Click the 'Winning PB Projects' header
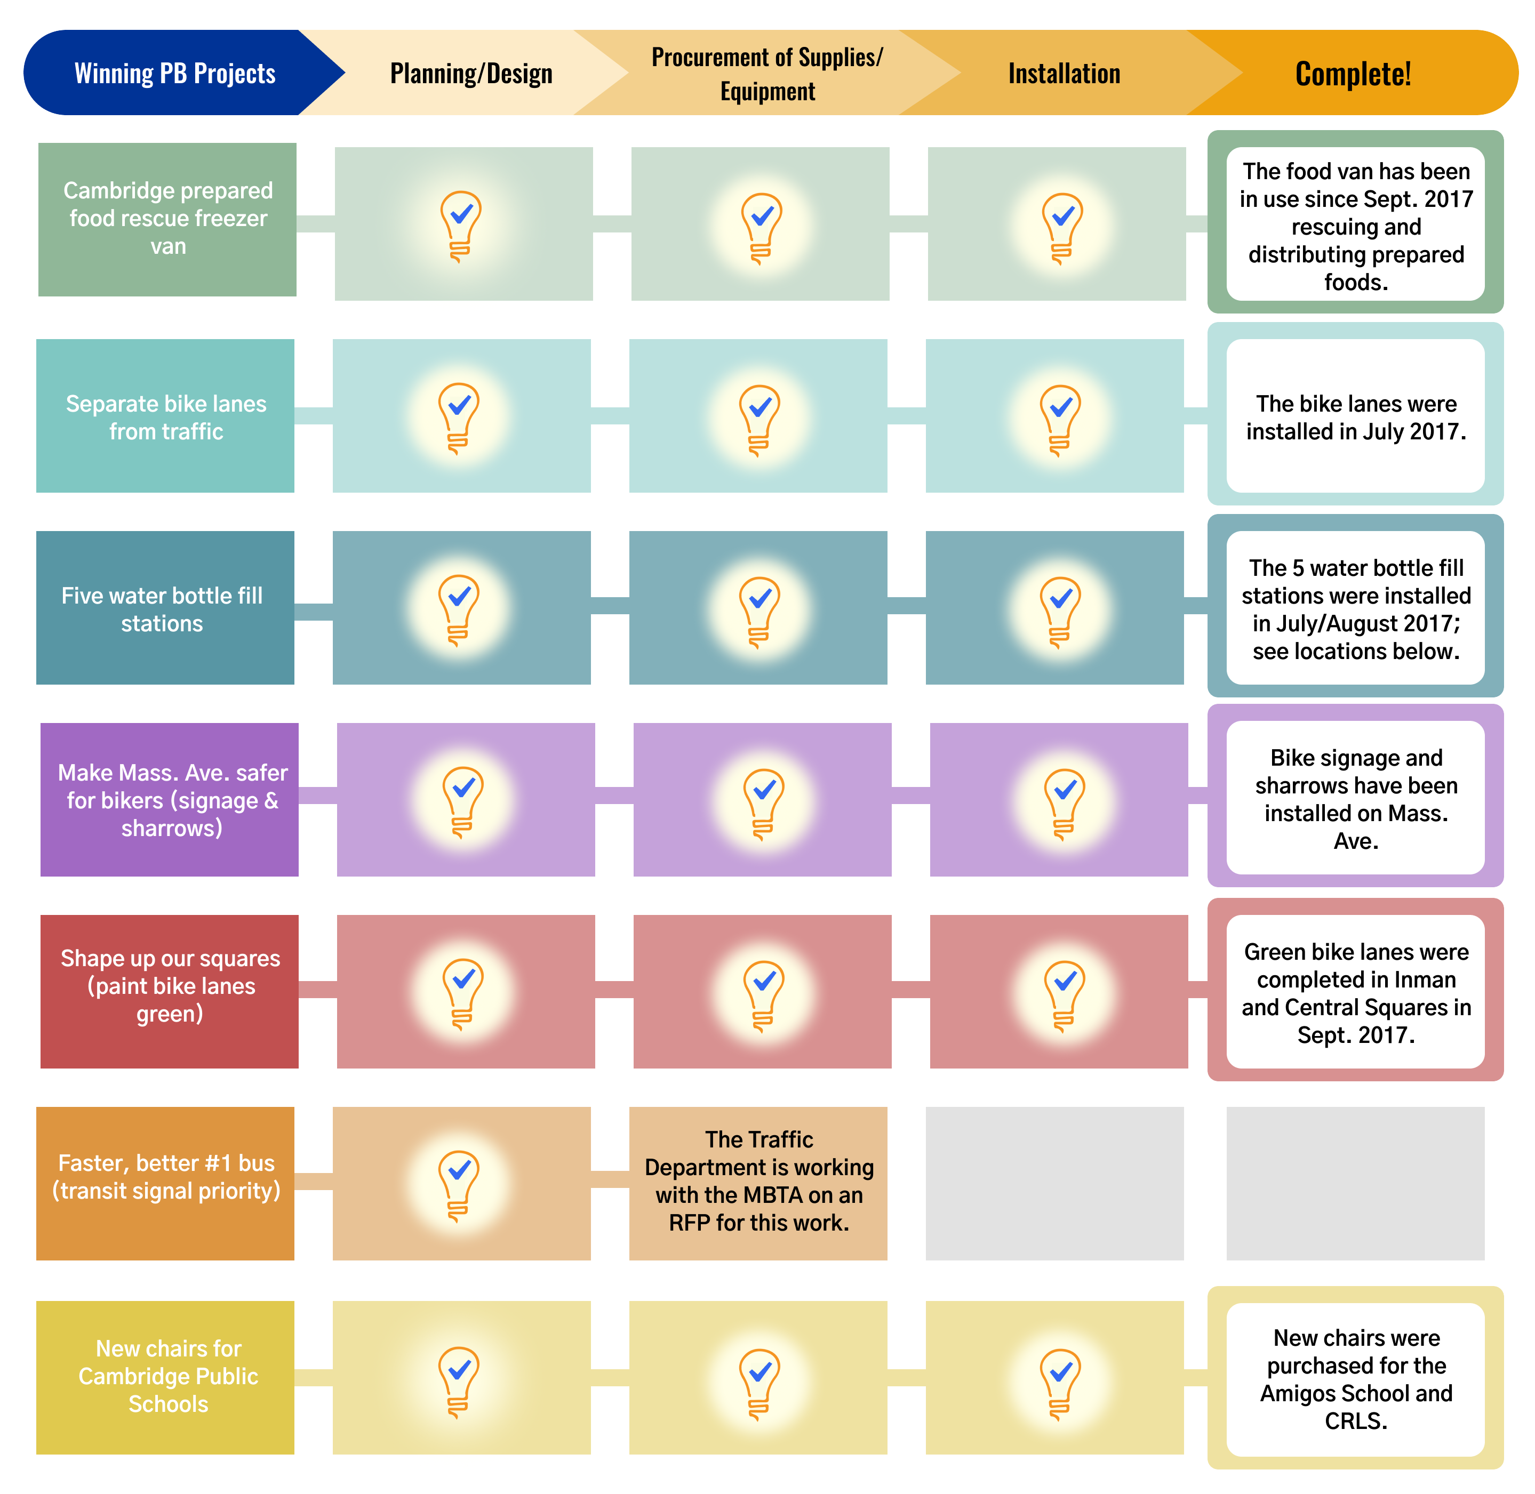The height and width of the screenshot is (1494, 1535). click(x=174, y=73)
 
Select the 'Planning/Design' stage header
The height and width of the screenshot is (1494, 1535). click(x=471, y=73)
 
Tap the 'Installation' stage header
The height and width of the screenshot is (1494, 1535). click(x=1064, y=73)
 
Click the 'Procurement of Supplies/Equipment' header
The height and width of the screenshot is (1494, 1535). click(x=767, y=74)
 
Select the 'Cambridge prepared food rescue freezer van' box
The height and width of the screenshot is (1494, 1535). click(x=167, y=219)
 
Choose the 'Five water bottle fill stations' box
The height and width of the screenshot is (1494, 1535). click(x=165, y=608)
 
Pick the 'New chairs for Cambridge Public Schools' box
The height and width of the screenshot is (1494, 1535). click(x=165, y=1377)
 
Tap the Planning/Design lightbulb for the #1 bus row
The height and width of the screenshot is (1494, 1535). click(x=459, y=1183)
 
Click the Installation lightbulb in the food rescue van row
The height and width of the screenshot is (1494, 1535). click(x=1062, y=226)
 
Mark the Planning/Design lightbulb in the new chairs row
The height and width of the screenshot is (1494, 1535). click(x=459, y=1379)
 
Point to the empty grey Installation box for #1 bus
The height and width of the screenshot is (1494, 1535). click(x=1054, y=1183)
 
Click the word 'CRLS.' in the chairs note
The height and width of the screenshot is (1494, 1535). click(x=1355, y=1420)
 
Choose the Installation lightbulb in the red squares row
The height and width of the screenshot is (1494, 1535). click(x=1064, y=993)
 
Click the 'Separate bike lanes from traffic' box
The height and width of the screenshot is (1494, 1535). click(x=165, y=416)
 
